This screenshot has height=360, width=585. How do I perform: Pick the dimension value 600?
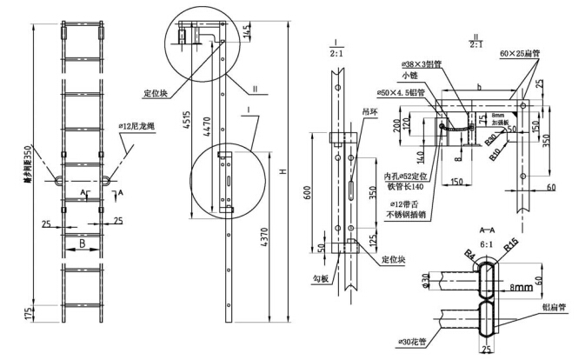[306, 194]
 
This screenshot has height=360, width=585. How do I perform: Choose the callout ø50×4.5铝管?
[401, 92]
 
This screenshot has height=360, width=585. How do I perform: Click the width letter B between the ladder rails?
[83, 245]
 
